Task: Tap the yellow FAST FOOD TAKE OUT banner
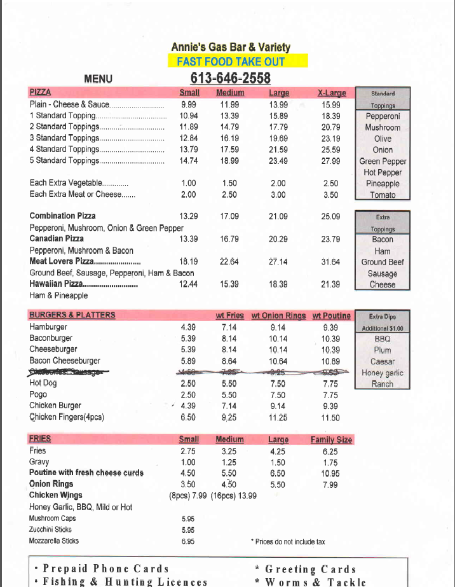coord(238,61)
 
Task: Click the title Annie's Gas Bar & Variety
coord(231,47)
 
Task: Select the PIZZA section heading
coord(40,92)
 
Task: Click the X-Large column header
coord(331,93)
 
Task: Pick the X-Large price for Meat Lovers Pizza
coord(331,261)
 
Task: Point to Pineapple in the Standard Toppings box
coord(383,184)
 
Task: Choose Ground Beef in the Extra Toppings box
coord(383,262)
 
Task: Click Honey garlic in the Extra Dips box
coord(383,373)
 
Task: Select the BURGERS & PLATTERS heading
coord(72,315)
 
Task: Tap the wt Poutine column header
coord(331,315)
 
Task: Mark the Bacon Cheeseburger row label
coord(65,361)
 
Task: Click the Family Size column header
coord(331,439)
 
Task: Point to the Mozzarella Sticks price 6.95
coord(188,541)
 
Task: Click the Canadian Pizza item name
coord(57,238)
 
